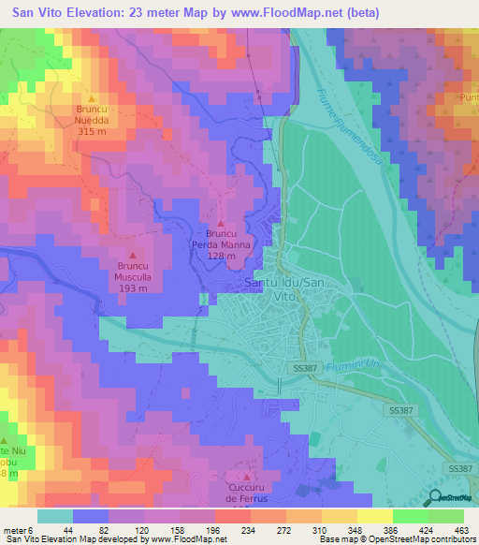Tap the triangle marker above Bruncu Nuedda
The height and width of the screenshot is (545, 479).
[x=92, y=98]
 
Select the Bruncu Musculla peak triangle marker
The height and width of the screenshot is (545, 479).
[x=132, y=255]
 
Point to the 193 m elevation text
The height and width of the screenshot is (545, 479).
[x=132, y=288]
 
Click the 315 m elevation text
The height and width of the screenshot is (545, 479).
[x=92, y=131]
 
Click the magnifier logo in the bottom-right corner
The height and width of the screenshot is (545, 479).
[x=435, y=496]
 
